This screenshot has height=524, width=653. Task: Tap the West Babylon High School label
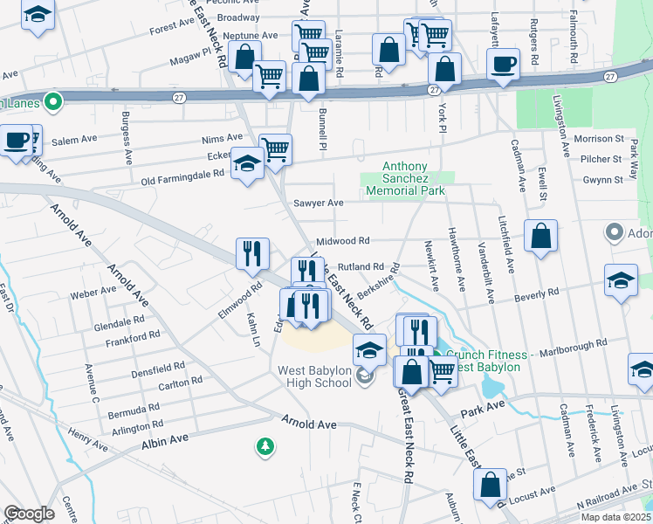(x=314, y=376)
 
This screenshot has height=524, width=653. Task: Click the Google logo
(x=29, y=514)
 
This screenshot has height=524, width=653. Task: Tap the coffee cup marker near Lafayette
(x=503, y=64)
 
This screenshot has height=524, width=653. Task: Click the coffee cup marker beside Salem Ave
(x=17, y=140)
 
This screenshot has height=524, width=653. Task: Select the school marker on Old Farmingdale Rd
(x=247, y=163)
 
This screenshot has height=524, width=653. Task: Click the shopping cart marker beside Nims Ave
(x=275, y=148)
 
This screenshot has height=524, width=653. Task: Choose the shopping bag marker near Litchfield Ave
(x=541, y=235)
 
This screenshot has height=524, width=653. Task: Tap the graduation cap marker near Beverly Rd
(x=621, y=281)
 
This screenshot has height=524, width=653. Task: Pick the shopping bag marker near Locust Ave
(x=491, y=483)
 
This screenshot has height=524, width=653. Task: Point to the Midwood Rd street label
(x=343, y=240)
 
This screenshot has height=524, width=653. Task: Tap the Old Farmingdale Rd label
(x=182, y=173)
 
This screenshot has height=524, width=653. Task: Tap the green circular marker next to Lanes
(x=52, y=102)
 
